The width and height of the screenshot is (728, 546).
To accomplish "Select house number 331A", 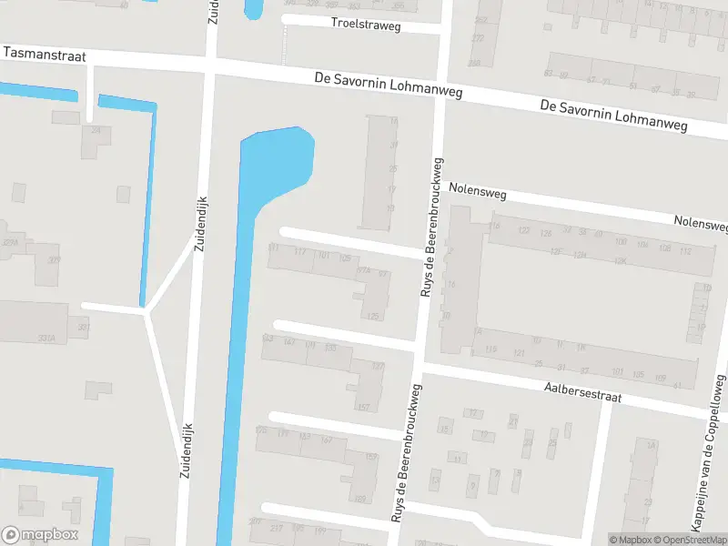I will coord(45,338).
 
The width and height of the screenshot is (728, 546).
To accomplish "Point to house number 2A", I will coord(651,444).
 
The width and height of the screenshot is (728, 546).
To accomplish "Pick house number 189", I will coord(359,498).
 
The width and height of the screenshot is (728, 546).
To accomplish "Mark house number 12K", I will coord(621,260).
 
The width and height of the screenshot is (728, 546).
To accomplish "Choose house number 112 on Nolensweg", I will coord(685,249).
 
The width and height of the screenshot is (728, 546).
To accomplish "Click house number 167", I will coord(326,440).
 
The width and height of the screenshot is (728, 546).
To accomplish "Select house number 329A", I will coord(11,243).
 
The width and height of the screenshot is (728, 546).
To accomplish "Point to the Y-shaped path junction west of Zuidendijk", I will coord(146,309).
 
